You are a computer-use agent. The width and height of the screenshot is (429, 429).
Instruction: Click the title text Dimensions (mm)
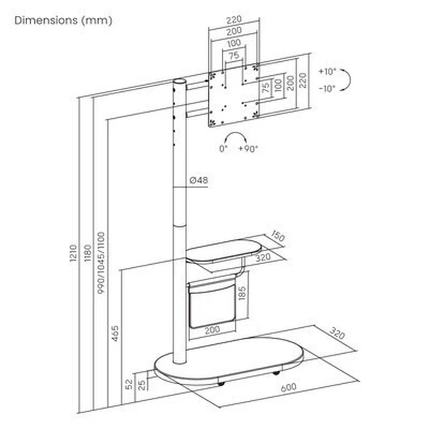tap(64, 20)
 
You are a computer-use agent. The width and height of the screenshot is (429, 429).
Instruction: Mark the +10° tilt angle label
tap(327, 72)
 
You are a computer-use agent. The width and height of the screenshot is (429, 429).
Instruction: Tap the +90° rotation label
tap(248, 148)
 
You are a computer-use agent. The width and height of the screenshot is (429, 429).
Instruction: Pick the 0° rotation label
tap(224, 148)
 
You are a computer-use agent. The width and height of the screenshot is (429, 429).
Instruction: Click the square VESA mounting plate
tap(233, 95)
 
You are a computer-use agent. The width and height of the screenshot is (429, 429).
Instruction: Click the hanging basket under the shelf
tap(211, 302)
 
